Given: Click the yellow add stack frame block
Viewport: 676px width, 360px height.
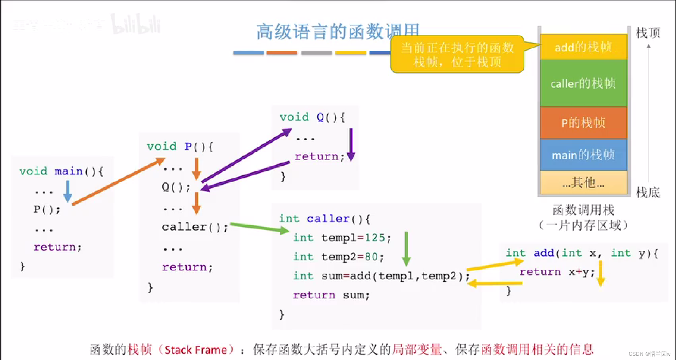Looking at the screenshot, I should coord(583,47).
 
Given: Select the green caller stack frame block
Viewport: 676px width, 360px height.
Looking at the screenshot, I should coord(583,83).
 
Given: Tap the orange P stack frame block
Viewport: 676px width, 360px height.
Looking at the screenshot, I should coord(583,122).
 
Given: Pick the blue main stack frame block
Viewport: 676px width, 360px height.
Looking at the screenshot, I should coord(583,154).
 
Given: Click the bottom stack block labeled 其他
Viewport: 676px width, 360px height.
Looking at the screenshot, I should coord(583,183).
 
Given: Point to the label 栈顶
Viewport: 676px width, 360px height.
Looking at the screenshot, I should coord(647,33).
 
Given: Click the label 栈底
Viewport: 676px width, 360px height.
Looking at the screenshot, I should coord(647,193).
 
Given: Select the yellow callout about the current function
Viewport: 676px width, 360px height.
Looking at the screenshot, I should coord(457,54).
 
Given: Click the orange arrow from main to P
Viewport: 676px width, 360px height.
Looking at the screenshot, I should coord(118,182).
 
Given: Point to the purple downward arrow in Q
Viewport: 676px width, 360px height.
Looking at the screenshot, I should coord(351,145).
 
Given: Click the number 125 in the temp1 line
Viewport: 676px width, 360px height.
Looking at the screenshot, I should coord(374,238).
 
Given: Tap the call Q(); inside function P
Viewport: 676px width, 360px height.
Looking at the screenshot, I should coord(176,187).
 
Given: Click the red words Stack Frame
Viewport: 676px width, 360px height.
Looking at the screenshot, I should coord(196,350).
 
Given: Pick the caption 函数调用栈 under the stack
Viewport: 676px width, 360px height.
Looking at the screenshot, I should coord(583,210).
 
